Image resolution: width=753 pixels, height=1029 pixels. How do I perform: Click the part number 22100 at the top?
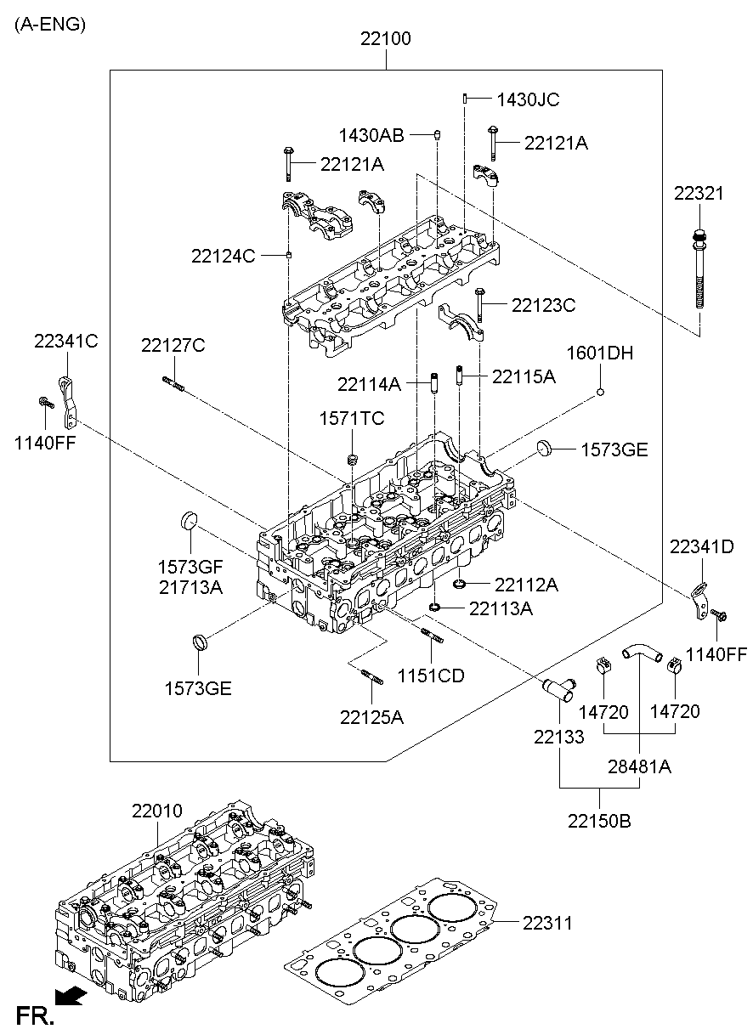coord(385,38)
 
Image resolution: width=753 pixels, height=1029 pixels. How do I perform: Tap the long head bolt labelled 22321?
coord(699,272)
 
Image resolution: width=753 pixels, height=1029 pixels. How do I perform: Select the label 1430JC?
coord(528,99)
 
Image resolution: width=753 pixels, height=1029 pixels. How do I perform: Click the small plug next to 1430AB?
coord(437,134)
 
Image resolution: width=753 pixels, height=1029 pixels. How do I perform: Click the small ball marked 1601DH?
coord(600,392)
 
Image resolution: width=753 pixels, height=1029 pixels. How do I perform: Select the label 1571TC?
coord(352,418)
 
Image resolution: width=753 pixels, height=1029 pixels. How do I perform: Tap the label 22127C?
coord(173,346)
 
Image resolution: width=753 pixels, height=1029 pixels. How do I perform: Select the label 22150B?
coord(600,821)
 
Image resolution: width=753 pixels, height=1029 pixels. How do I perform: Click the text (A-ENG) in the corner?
coord(49,25)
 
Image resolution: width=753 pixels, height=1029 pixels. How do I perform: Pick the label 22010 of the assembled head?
coord(156,811)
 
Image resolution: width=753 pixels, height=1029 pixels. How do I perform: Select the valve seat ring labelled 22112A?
coord(461,583)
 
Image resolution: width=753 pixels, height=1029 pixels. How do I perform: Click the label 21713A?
coord(190,586)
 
